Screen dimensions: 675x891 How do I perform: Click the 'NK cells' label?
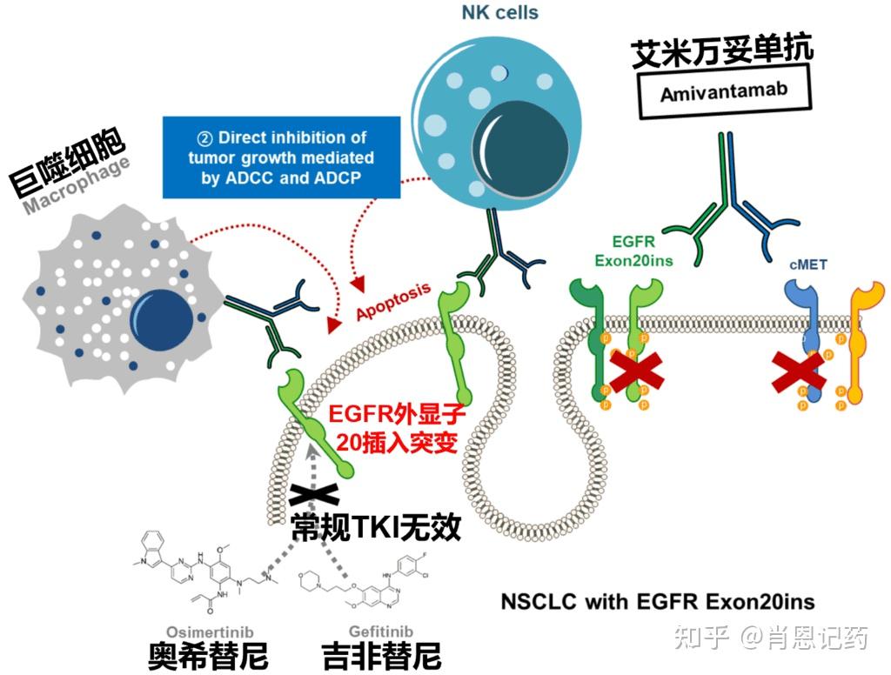(499, 13)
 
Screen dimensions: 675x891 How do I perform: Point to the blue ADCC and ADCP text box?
(281, 157)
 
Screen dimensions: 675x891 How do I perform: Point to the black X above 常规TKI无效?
(314, 494)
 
